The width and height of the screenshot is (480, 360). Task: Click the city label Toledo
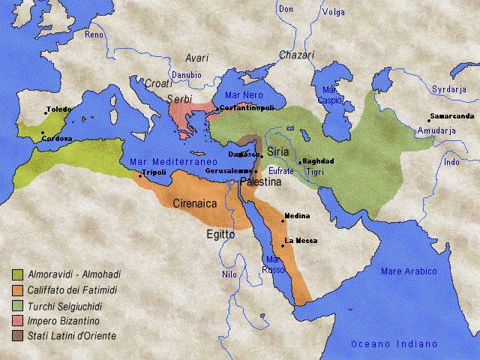pyautogui.click(x=59, y=109)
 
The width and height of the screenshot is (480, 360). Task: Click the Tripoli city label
pyautogui.click(x=154, y=172)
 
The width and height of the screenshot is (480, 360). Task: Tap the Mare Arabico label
pyautogui.click(x=409, y=271)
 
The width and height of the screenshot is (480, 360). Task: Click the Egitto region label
pyautogui.click(x=221, y=235)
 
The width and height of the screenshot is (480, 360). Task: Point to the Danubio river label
pyautogui.click(x=186, y=75)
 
